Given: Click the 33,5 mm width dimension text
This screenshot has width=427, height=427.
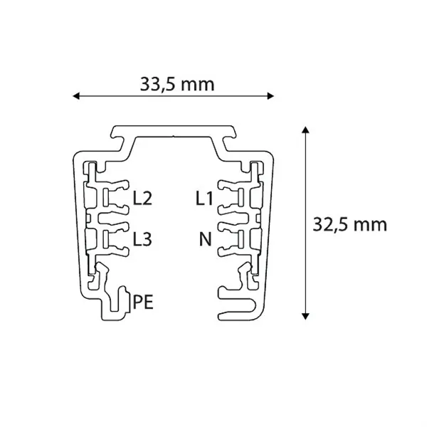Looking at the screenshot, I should pos(176,85).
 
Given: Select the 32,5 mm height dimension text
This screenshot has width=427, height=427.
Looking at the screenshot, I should pos(349,224).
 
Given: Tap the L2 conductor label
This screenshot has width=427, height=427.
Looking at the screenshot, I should pos(143,199).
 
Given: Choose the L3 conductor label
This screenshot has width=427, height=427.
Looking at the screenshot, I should pos(143,239).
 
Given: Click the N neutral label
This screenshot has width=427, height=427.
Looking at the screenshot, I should pos(206,239).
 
